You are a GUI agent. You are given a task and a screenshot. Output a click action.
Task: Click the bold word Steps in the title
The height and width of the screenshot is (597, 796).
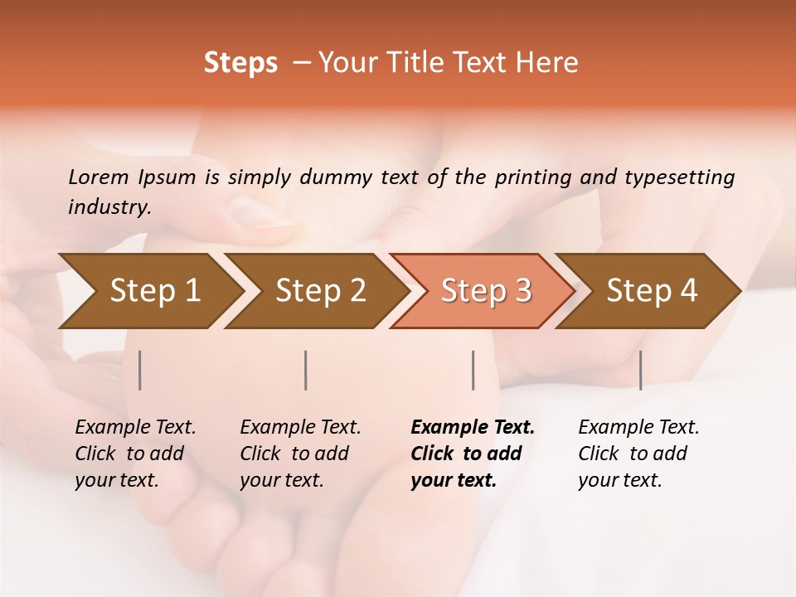tap(240, 63)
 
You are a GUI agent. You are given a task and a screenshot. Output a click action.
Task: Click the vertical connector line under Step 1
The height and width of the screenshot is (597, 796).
tap(140, 370)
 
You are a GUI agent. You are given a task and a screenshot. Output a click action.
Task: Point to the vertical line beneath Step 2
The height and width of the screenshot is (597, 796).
tap(306, 370)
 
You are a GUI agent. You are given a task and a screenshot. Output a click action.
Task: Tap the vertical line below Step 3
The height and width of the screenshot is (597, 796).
tap(473, 370)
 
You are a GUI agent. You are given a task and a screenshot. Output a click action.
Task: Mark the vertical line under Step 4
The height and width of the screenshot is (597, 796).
tap(640, 370)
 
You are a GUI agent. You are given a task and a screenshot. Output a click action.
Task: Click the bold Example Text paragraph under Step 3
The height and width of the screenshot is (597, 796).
tap(473, 454)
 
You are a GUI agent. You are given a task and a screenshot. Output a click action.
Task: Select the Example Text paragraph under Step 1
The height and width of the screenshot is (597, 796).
tap(135, 454)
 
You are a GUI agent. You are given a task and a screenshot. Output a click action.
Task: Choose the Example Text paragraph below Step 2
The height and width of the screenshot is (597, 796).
tap(300, 454)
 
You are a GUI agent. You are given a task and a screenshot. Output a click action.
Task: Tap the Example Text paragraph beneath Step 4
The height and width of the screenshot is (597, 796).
tap(638, 454)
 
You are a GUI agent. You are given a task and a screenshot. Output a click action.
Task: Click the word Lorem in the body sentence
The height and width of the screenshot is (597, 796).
tap(98, 177)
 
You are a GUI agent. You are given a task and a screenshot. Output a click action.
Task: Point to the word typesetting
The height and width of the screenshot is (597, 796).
tap(679, 177)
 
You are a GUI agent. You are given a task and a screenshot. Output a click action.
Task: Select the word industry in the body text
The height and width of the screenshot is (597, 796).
tap(109, 207)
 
